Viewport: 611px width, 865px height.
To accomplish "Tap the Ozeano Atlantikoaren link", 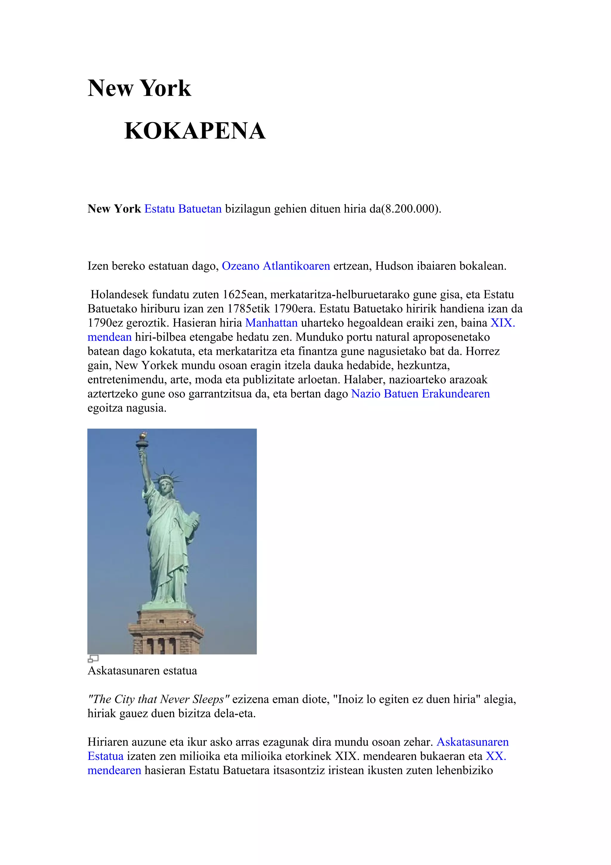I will [276, 266].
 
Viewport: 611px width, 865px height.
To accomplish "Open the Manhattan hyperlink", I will [271, 323].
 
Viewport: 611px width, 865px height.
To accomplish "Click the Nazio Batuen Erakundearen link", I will [420, 394].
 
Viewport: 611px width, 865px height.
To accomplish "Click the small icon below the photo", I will [93, 658].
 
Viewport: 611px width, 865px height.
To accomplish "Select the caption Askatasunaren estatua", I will [142, 671].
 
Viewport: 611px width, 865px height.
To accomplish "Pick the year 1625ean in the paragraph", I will [243, 294].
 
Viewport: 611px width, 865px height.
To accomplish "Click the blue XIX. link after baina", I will [502, 323].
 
